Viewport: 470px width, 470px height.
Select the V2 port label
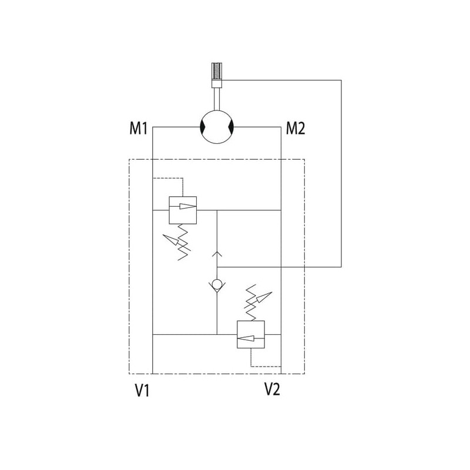[271, 389]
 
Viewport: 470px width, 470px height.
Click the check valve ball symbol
[217, 286]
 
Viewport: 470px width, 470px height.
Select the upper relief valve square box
[182, 209]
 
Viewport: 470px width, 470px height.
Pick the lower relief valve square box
[251, 334]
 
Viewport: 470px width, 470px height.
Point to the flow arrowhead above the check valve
[217, 254]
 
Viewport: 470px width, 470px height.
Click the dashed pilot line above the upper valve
[167, 177]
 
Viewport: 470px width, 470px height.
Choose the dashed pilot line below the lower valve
[264, 365]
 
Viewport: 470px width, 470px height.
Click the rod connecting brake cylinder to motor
[217, 97]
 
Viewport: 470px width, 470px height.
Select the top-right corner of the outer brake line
[341, 80]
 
